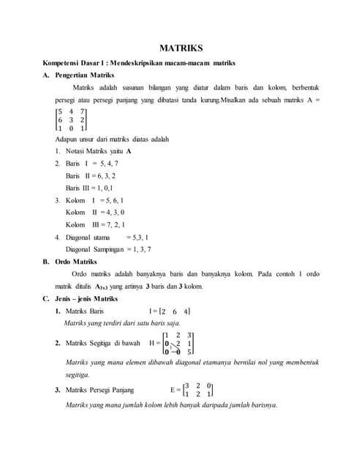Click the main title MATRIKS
pyautogui.click(x=181, y=48)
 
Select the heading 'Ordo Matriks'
pyautogui.click(x=75, y=261)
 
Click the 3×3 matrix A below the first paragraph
pyautogui.click(x=71, y=119)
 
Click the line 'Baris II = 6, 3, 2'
pyautogui.click(x=91, y=176)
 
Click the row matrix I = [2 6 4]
pyautogui.click(x=170, y=311)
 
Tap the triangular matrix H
pyautogui.click(x=176, y=342)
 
